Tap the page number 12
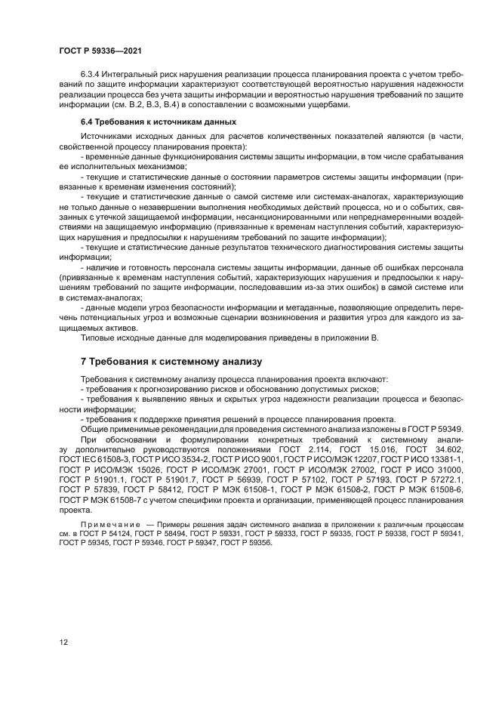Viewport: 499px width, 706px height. pos(63,641)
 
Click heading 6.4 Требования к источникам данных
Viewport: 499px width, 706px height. pos(159,122)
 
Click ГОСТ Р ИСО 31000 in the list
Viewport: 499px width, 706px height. pos(433,469)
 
